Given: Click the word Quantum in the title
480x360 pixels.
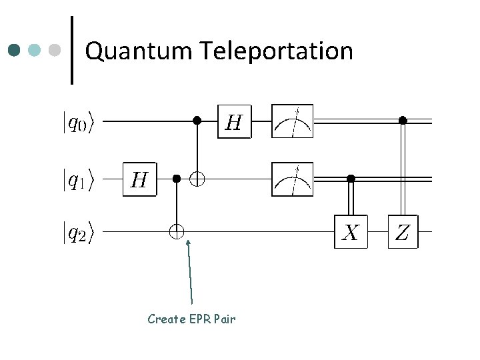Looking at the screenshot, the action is pos(139,51).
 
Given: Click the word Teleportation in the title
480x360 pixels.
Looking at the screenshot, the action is pos(277,50).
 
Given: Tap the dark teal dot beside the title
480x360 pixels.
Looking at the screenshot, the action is pos(14,50).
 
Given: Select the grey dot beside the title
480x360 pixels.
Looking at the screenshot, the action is pos(55,50).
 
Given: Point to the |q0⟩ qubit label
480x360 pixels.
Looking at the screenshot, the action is pos(78,122).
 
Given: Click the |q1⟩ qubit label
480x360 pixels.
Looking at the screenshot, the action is pos(78,180).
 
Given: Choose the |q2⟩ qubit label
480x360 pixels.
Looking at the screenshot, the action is pos(78,233).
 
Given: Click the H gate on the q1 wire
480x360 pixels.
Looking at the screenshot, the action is pos(139,179).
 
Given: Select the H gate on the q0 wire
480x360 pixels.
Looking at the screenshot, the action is pos(235,121).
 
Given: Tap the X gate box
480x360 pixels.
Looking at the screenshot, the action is pos(351,232).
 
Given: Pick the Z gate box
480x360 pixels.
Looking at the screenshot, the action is pos(403,232).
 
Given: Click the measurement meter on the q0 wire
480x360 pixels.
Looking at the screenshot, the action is pos(293,121).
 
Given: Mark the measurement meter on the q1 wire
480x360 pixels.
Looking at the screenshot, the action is pos(293,179).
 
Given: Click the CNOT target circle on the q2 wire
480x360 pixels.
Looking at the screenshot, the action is pos(177,232).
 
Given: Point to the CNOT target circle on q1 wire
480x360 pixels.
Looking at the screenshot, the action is pos(197,179).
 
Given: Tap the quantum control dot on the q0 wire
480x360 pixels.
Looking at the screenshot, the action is pos(197,121).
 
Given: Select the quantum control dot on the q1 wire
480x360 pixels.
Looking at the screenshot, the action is pos(177,179).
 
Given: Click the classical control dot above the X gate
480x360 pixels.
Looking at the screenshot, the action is pos(351,178).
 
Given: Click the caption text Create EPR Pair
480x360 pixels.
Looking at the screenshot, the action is pos(191,319).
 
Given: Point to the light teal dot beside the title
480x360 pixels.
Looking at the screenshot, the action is pos(34,50).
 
